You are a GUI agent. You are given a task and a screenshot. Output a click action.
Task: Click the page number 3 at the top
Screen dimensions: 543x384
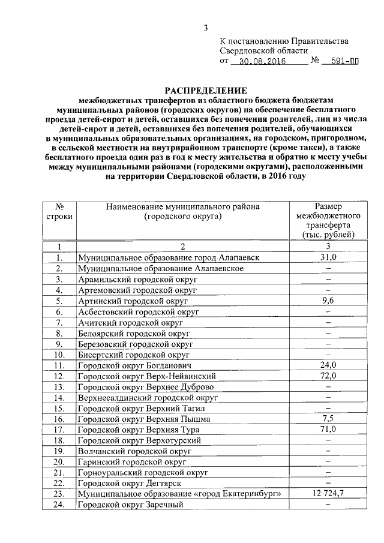pos(206,27)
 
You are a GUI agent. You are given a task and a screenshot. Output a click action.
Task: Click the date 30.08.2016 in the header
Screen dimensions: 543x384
pos(260,61)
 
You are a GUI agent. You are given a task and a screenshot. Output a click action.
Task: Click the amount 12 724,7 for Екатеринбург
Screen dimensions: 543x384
pos(328,493)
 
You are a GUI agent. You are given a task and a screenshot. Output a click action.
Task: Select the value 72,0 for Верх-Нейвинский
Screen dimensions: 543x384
pos(328,376)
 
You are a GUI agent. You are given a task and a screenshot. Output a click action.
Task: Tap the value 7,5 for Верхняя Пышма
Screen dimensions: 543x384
pos(328,418)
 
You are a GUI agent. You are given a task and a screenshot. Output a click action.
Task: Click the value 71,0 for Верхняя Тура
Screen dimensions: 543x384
pos(328,429)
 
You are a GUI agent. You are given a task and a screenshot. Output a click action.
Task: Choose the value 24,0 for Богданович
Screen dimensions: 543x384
pos(328,365)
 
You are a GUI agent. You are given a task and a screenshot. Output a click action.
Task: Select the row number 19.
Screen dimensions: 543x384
pos(59,451)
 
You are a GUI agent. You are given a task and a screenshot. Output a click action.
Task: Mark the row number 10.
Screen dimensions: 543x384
pos(59,354)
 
